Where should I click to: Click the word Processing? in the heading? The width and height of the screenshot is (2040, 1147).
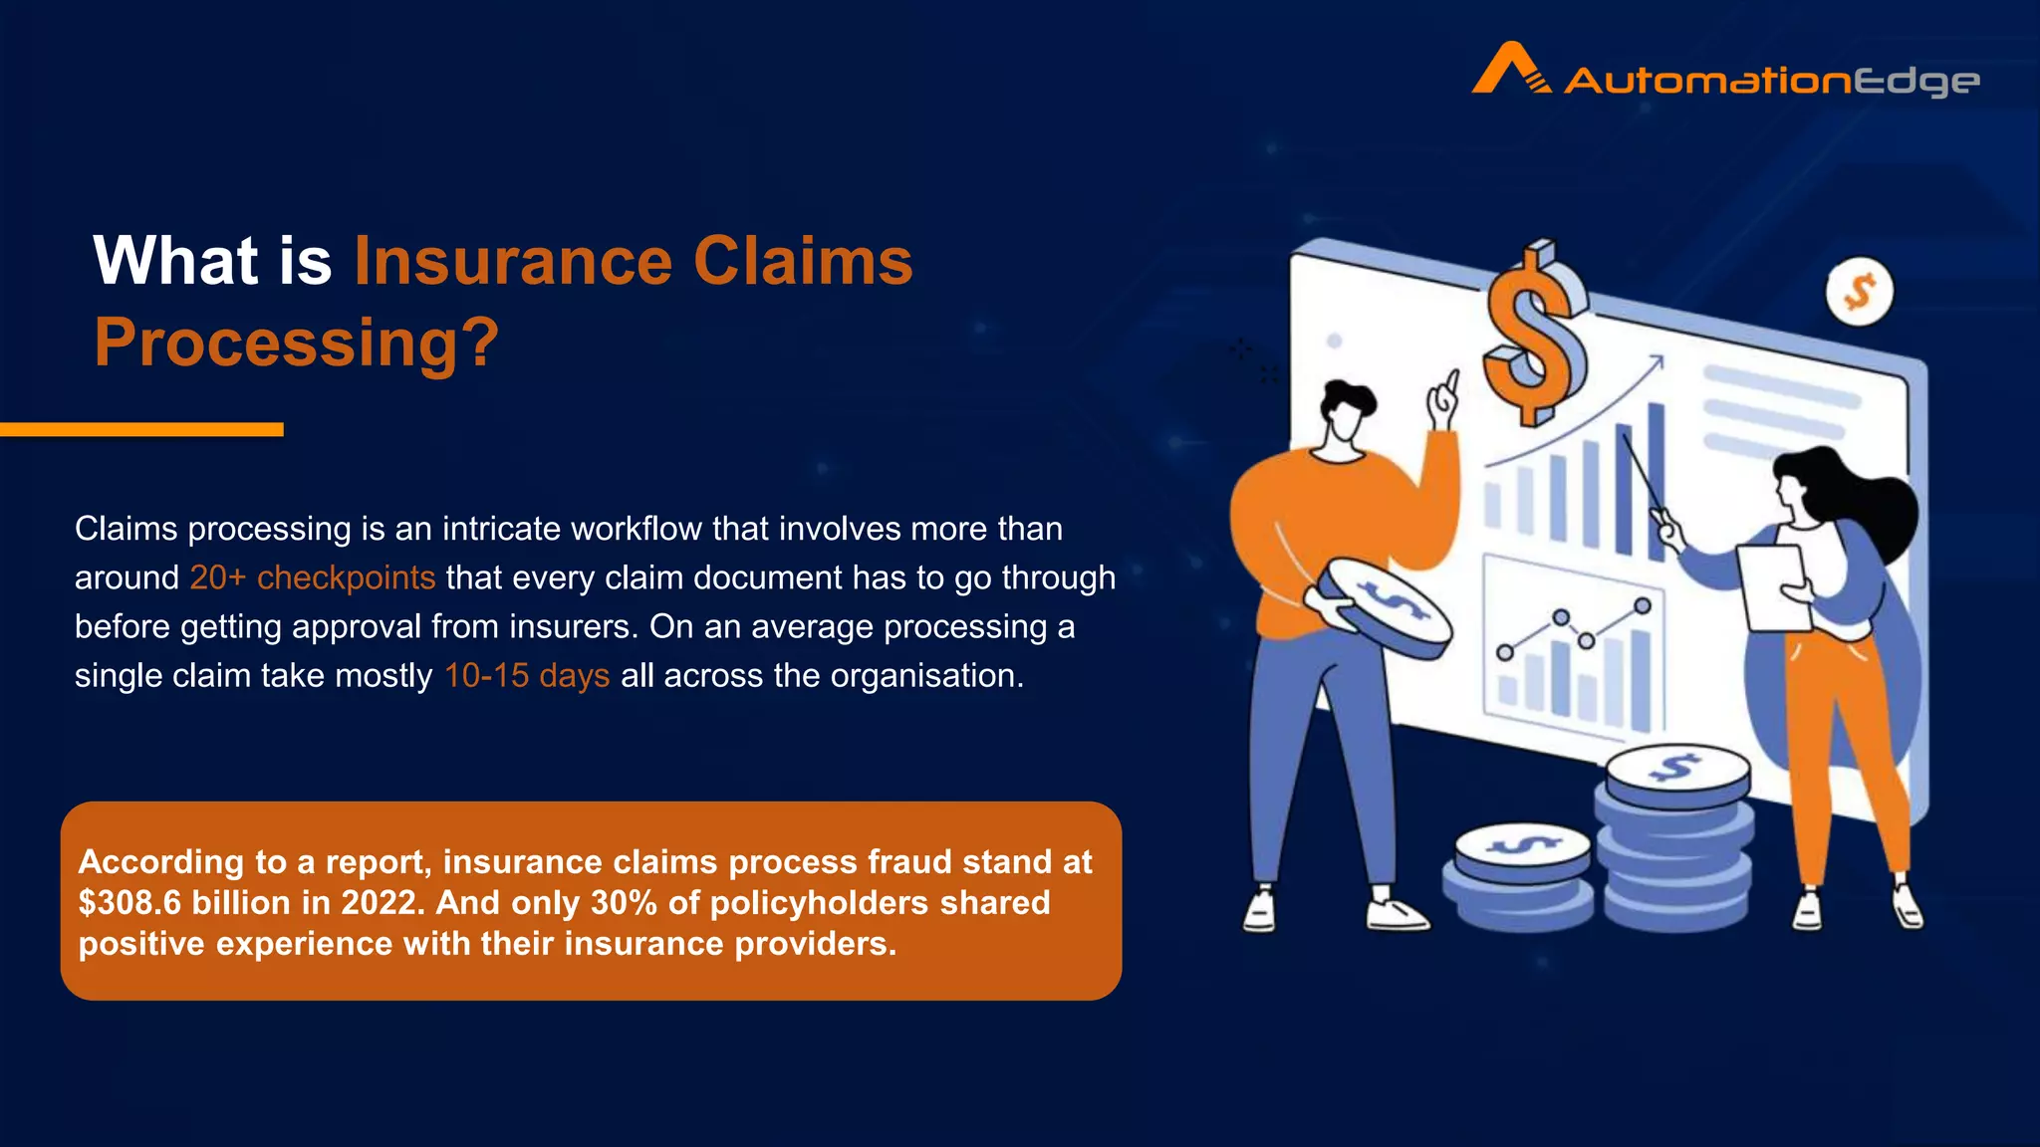tap(296, 343)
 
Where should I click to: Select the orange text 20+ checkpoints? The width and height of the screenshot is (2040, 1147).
tap(312, 577)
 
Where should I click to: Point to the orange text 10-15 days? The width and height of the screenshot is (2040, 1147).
tap(526, 675)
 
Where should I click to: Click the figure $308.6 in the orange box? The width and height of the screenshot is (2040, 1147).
tap(129, 903)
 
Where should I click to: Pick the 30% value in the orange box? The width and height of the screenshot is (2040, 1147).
tap(624, 903)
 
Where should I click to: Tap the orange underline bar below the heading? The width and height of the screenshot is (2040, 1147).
tap(141, 429)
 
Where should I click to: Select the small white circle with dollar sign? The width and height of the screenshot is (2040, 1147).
tap(1859, 292)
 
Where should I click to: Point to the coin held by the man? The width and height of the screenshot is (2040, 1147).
tap(1391, 608)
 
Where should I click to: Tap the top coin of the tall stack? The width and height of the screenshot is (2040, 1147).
tap(1677, 773)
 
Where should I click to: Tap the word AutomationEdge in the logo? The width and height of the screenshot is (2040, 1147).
tap(1771, 81)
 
